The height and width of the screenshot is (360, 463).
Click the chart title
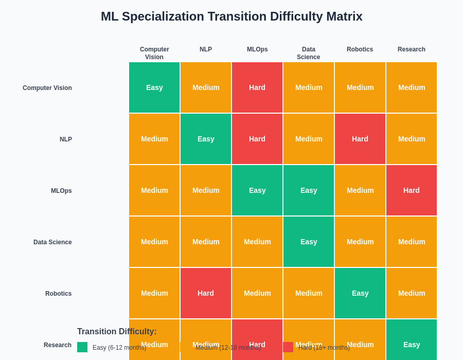tap(232, 16)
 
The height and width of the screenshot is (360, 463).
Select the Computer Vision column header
tap(154, 53)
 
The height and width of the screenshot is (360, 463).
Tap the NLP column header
tap(206, 49)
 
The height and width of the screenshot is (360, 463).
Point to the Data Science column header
tap(309, 53)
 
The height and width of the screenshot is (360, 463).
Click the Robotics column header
tap(360, 49)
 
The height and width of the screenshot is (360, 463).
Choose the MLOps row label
tap(61, 191)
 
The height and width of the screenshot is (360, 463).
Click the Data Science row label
tap(52, 242)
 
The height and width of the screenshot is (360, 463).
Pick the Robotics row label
tap(58, 294)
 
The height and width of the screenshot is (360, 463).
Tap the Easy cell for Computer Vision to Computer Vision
tap(154, 87)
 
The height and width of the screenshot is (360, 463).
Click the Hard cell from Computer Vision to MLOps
tap(257, 87)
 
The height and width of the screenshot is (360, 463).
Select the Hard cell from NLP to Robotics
tap(360, 139)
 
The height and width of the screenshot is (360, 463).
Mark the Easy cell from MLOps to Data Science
tap(309, 190)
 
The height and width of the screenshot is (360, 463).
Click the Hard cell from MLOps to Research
tap(412, 190)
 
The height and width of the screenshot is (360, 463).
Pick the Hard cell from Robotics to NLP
tap(206, 293)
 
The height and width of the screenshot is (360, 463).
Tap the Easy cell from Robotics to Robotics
tap(360, 293)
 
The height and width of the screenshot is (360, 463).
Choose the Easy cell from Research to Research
tap(412, 339)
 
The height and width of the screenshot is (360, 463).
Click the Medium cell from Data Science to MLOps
tap(257, 242)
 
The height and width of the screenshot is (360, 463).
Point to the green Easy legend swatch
tap(82, 347)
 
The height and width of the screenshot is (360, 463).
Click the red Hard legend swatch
tap(288, 347)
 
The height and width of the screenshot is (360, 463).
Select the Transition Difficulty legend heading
tap(117, 332)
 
